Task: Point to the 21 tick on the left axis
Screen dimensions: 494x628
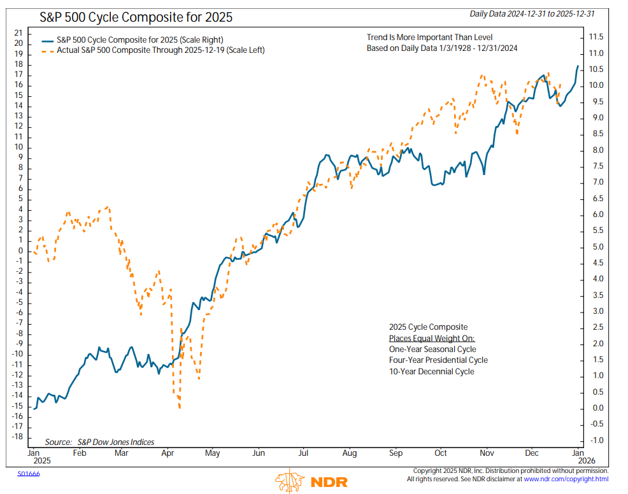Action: [18, 33]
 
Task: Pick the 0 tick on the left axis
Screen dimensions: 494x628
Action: [20, 250]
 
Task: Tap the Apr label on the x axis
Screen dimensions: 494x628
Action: [167, 453]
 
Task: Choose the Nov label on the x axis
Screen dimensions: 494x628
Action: [487, 453]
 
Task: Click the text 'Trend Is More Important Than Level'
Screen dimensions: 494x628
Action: [429, 38]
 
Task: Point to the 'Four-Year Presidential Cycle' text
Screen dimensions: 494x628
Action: [438, 360]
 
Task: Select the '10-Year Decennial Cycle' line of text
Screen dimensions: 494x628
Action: [431, 371]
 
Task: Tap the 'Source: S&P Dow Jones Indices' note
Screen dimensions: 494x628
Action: [99, 442]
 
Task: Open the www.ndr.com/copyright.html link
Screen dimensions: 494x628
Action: [566, 479]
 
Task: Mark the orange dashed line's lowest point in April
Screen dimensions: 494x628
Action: [180, 408]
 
